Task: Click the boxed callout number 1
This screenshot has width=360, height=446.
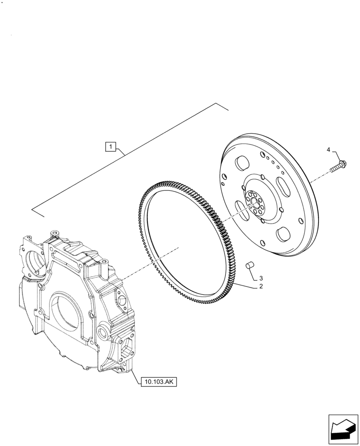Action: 111,146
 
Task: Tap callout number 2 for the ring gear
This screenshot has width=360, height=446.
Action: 261,286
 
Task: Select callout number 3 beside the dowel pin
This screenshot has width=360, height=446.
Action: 261,278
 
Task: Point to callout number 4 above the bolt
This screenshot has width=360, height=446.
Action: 328,150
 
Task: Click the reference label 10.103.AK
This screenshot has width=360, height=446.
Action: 158,382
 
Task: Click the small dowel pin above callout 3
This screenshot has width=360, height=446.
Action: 250,266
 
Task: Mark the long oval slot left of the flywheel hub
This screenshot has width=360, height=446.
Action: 241,209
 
